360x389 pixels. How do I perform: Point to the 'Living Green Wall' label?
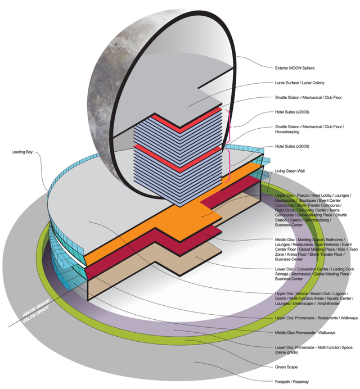pos(293,170)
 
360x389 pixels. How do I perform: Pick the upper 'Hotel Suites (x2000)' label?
pos(294,111)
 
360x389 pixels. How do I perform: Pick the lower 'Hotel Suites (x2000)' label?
pos(294,146)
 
